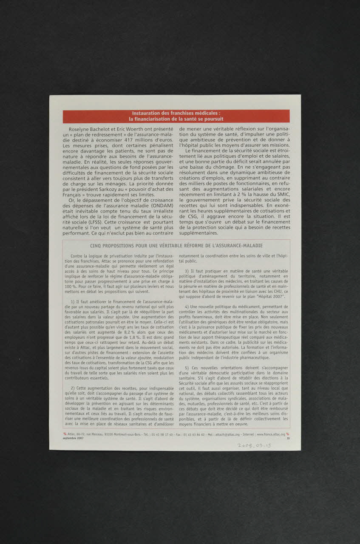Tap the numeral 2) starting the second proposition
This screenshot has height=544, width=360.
(73, 388)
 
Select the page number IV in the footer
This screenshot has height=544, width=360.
(288, 438)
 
